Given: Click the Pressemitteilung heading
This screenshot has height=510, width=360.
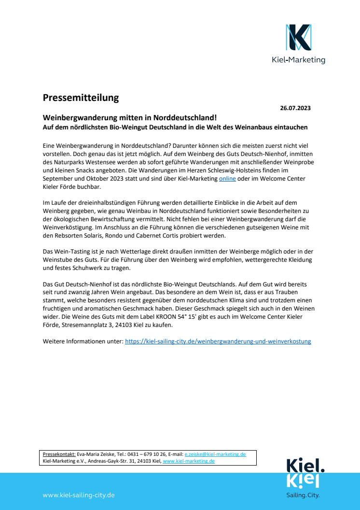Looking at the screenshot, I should (81, 98).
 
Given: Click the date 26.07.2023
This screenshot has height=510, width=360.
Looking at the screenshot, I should (295, 108).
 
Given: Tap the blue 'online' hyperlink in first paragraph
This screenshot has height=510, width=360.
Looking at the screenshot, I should (227, 179).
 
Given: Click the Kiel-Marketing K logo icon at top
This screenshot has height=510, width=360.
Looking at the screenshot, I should (298, 38).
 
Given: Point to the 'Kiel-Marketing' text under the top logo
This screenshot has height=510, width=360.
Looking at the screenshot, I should (299, 60).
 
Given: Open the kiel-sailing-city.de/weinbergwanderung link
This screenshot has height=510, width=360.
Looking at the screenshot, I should (218, 341).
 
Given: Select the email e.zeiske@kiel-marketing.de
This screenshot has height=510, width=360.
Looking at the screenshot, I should (215, 454).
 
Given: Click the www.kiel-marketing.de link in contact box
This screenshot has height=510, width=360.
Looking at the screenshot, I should (189, 461).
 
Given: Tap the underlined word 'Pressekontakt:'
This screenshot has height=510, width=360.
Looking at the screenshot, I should (59, 454).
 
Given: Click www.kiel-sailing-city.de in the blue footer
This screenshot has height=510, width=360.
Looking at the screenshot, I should (79, 495).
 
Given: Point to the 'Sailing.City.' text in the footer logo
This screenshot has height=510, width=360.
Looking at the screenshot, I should (303, 495).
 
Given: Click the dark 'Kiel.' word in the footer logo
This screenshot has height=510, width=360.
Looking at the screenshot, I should (305, 466).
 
